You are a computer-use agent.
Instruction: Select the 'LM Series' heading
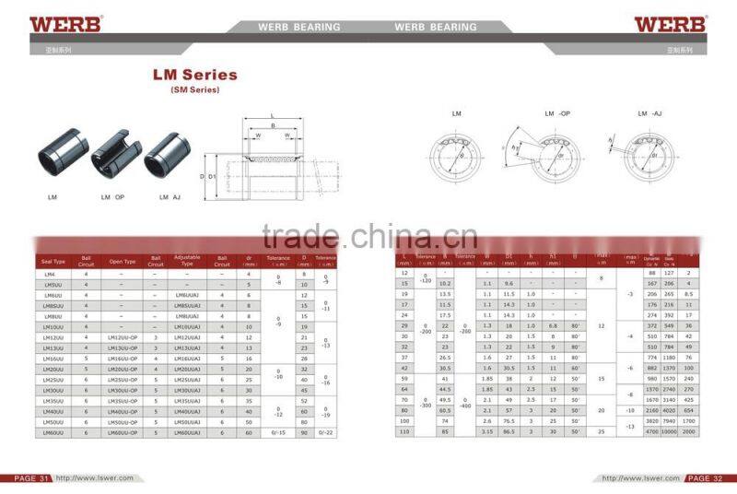pos(194,75)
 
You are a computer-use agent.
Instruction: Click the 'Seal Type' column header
pos(54,262)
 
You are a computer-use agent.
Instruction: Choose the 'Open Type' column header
pos(122,262)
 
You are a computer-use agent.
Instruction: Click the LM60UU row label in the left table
pos(53,431)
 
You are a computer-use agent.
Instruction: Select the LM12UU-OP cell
pos(122,337)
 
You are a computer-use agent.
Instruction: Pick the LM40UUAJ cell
pos(188,410)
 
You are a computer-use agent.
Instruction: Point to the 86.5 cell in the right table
pos(508,431)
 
